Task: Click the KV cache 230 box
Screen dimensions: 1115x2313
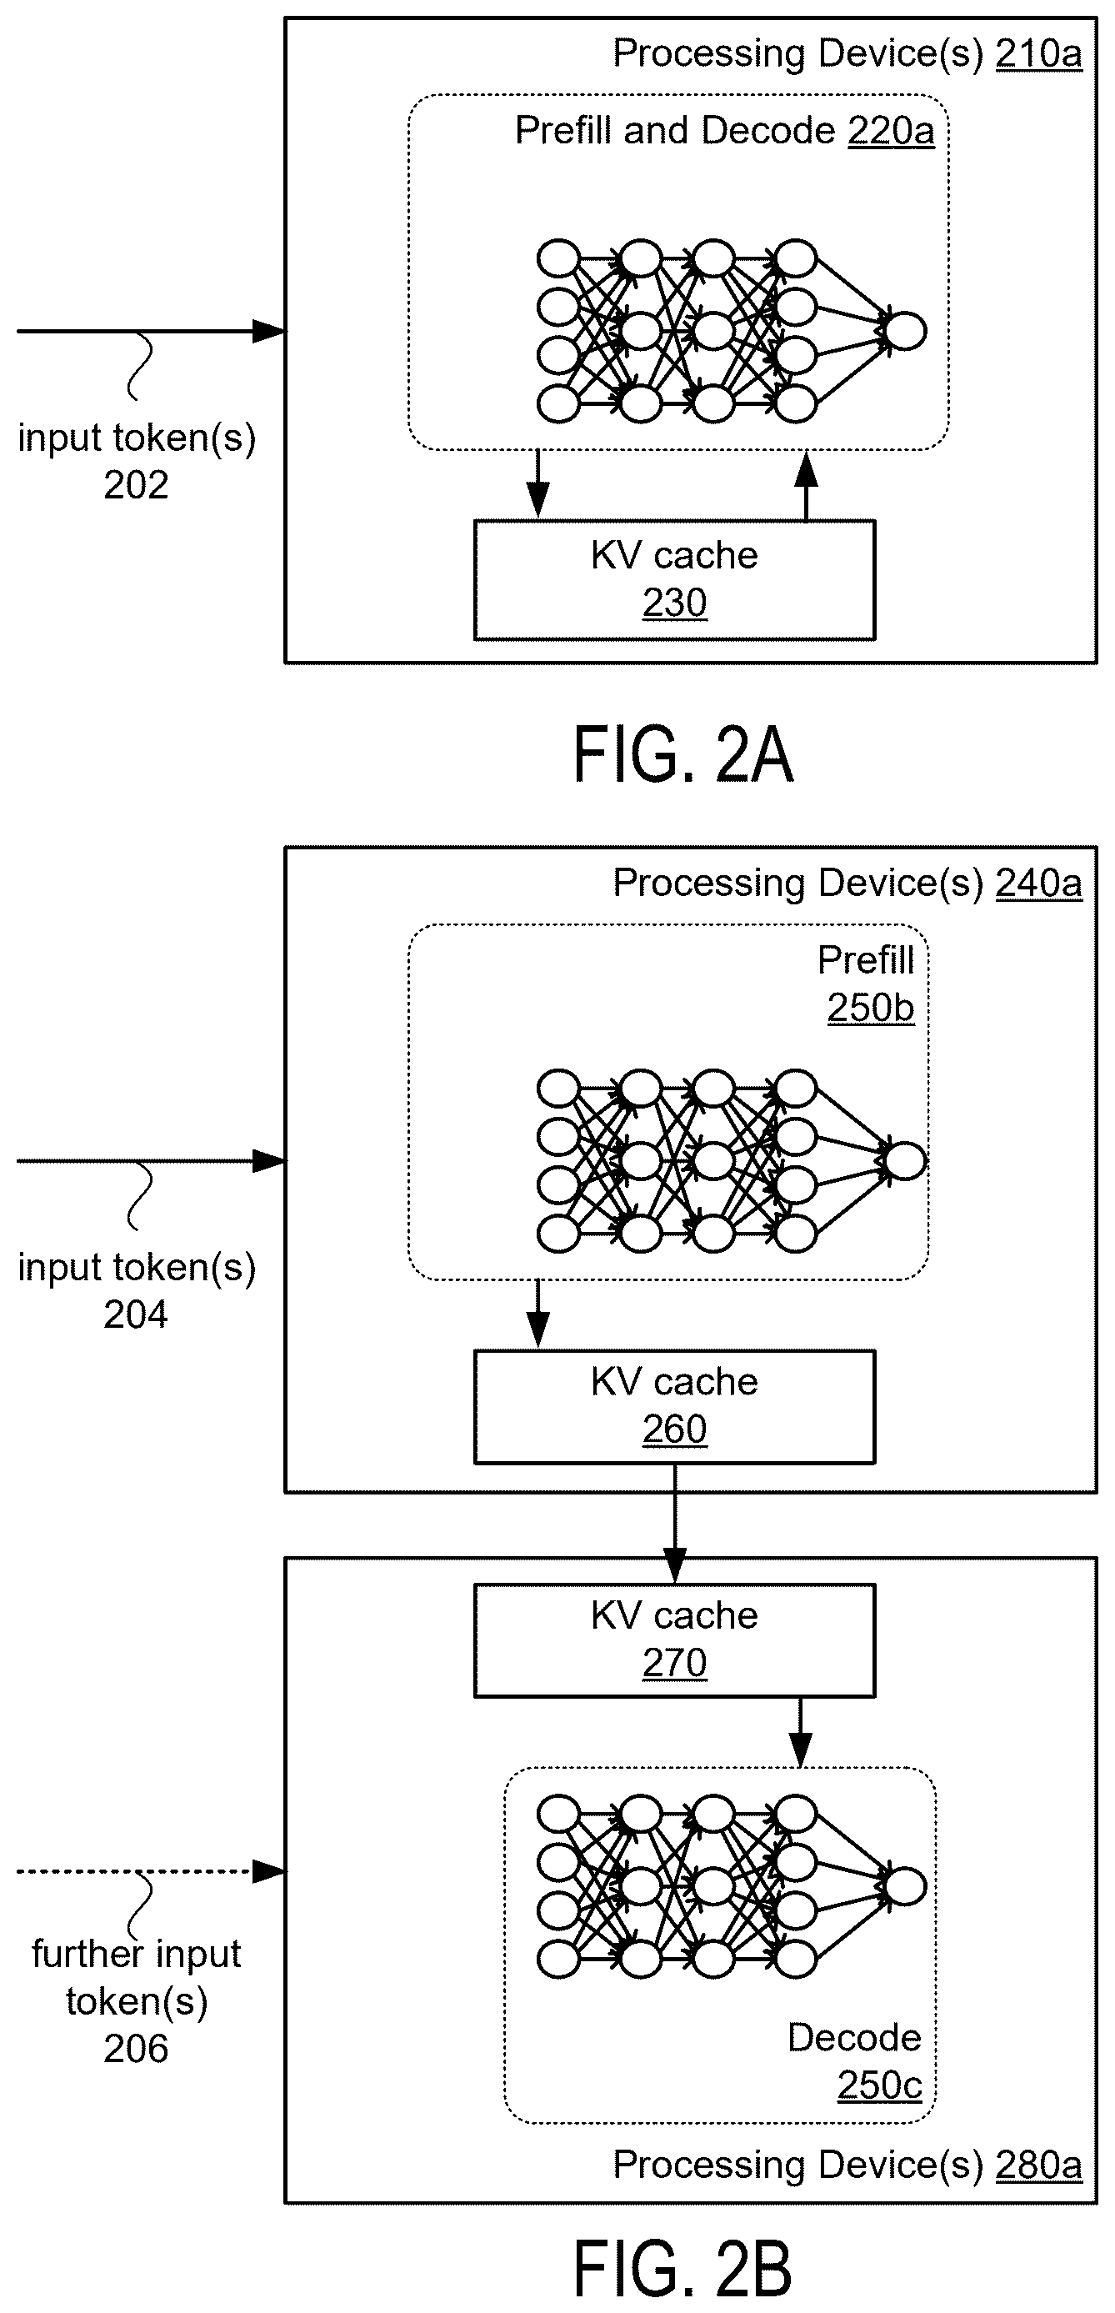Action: (674, 579)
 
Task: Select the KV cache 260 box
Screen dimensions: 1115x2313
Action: (674, 1406)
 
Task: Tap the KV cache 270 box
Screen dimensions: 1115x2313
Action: (674, 1640)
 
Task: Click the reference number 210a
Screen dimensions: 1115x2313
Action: (1038, 55)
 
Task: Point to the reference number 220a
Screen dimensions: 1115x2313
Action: (891, 131)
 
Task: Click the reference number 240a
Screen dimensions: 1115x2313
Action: (1038, 884)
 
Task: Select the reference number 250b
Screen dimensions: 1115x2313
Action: (871, 1008)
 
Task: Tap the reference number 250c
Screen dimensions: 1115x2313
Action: (880, 2084)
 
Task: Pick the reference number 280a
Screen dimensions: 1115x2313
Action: (1038, 2165)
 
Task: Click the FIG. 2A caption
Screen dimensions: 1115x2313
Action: (683, 755)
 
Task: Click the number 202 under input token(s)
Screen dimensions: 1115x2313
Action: (136, 486)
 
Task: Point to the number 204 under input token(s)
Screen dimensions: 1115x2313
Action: (136, 1314)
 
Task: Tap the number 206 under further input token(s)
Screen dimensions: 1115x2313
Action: (136, 2048)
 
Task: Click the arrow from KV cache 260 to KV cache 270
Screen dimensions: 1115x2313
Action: (674, 1524)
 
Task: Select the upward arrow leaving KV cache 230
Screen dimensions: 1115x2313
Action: (806, 486)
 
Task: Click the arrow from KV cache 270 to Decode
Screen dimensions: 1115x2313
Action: (800, 1733)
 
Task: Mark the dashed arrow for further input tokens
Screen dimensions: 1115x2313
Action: (151, 1871)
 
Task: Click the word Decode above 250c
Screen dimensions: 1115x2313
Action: (854, 2037)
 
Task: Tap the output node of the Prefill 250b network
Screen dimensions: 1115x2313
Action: (905, 1161)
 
